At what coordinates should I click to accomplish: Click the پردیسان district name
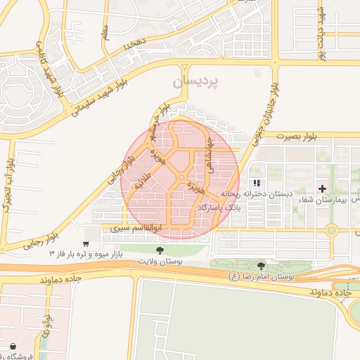tap(195, 82)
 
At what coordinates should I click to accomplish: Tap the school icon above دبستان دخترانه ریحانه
tap(256, 183)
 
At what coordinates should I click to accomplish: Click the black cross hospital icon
tap(322, 188)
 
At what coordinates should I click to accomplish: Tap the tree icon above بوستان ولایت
tap(161, 250)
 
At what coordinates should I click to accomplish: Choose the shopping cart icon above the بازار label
tap(86, 243)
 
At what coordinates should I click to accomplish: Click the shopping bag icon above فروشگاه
tap(15, 346)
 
